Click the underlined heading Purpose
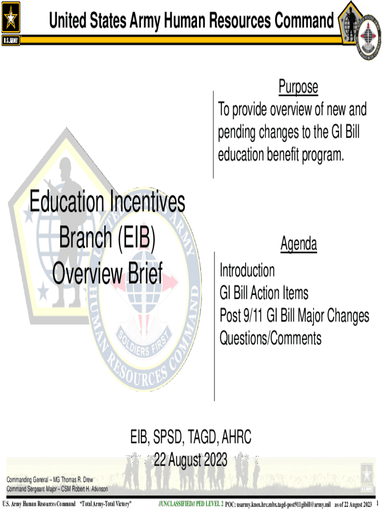(298, 87)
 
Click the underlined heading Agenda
(299, 244)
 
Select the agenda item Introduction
(247, 271)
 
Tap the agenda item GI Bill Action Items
(264, 293)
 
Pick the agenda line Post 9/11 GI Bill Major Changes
(295, 316)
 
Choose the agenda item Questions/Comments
(271, 339)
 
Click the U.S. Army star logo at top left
(11, 18)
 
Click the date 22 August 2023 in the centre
(191, 459)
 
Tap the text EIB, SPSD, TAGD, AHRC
(191, 438)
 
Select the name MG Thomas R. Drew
(73, 480)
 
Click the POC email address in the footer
(283, 505)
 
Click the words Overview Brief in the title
(107, 273)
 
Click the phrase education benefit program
(280, 155)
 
